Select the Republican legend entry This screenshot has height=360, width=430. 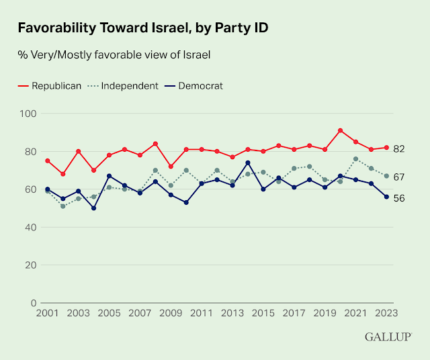49,86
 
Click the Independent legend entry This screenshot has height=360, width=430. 124,86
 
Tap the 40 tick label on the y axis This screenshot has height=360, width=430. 30,227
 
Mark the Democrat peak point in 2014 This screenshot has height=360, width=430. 249,163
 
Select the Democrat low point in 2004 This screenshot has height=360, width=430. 94,208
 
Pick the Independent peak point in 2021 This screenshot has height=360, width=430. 356,159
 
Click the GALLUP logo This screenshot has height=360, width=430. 389,336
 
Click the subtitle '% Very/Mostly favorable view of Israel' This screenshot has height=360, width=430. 114,55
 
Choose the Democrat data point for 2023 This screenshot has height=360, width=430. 386,197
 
